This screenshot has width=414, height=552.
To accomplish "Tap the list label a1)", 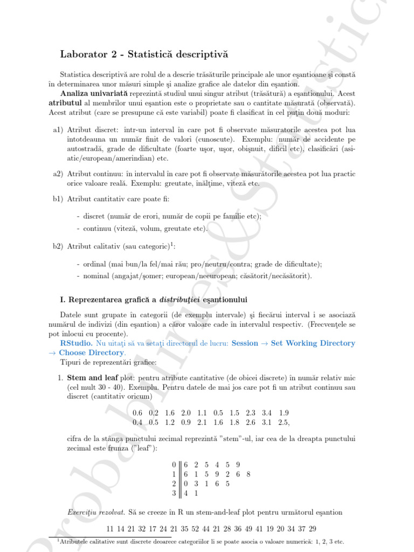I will click(x=58, y=130).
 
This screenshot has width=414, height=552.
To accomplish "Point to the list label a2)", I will click(x=58, y=174).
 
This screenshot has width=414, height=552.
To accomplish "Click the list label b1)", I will click(x=58, y=199).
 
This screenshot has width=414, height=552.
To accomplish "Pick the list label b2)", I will click(x=58, y=246).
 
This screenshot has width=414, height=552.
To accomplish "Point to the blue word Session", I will click(x=245, y=343).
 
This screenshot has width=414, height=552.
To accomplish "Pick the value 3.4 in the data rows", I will click(x=266, y=413).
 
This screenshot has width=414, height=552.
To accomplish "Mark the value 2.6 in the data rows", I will click(x=250, y=422).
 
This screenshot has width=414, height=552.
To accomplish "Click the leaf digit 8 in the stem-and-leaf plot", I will click(x=248, y=474).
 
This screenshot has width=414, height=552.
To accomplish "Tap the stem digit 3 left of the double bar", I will click(x=173, y=492).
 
